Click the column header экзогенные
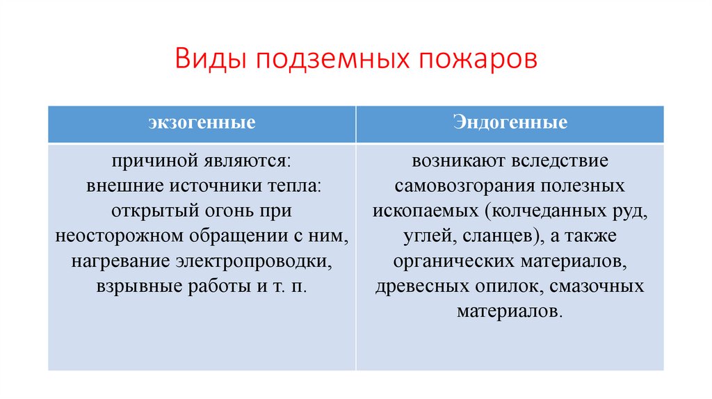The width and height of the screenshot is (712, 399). point(202,124)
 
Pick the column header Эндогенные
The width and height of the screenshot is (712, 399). point(510,124)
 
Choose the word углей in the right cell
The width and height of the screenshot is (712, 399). point(426,236)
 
